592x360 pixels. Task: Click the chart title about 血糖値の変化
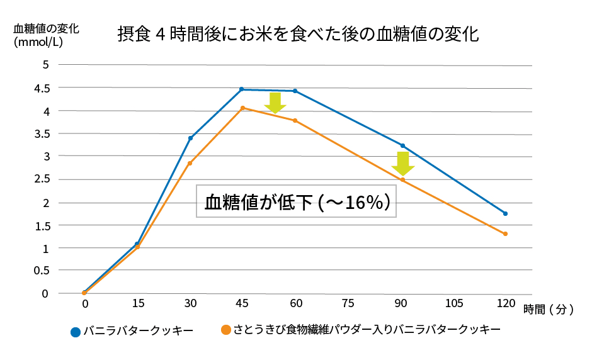(298, 34)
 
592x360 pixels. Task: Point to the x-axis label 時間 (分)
(549, 309)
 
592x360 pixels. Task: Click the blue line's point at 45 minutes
(242, 89)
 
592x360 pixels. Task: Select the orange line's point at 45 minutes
(242, 108)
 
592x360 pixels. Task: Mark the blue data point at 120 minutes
(505, 213)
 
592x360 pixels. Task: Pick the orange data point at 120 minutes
(505, 234)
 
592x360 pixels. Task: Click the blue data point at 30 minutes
(190, 138)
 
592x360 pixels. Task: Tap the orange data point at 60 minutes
(295, 120)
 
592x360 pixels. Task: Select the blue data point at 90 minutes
(402, 145)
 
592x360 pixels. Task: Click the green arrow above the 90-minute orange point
(402, 164)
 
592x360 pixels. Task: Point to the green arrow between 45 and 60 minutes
(275, 103)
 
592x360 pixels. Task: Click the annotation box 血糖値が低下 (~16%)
(296, 201)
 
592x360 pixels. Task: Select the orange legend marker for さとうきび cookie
(225, 329)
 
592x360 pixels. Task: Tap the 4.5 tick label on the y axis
(42, 88)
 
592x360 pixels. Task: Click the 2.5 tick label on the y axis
(42, 179)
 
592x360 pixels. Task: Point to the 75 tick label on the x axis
(348, 303)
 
